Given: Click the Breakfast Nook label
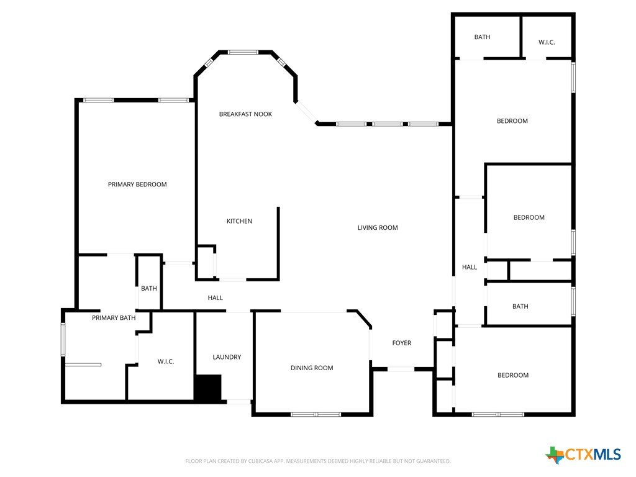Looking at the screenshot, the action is click(245, 114).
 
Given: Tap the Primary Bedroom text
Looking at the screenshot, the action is click(137, 184).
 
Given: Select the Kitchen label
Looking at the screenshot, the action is click(239, 221).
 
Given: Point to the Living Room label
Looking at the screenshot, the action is click(378, 228).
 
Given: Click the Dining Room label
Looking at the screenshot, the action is click(312, 368).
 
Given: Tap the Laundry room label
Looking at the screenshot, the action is click(227, 357).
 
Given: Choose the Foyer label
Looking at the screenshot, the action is click(402, 343).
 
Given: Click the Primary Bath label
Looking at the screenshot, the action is click(114, 318).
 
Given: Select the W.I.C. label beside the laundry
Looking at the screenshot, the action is click(166, 361).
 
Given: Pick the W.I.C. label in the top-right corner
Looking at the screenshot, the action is click(547, 42).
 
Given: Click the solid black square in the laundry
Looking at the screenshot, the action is click(209, 388).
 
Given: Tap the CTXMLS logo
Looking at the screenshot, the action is click(583, 454).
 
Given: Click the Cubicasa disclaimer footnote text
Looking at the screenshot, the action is click(318, 461).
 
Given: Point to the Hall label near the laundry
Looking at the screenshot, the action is click(216, 298).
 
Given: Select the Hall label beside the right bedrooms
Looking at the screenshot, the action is click(470, 267).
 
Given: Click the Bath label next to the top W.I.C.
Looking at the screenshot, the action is click(482, 37).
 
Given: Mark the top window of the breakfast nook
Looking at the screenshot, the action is click(243, 52).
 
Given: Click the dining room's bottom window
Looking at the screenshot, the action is click(316, 414).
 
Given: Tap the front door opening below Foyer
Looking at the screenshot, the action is click(401, 369).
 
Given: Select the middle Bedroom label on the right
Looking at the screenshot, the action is click(529, 217).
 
